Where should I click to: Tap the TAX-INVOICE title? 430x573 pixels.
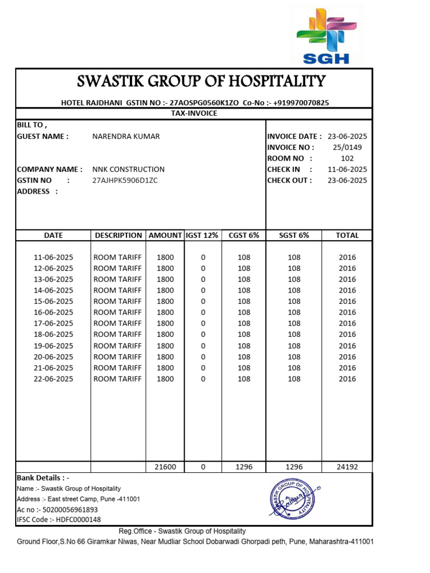tap(194, 114)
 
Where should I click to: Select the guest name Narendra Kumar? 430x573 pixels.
tap(125, 137)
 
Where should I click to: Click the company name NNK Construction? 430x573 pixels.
tap(128, 170)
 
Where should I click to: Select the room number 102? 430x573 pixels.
tap(347, 158)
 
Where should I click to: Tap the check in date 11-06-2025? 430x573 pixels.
tap(347, 170)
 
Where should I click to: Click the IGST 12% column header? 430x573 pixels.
tap(203, 236)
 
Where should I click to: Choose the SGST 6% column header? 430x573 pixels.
tap(294, 236)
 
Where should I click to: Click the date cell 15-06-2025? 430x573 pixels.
tap(54, 302)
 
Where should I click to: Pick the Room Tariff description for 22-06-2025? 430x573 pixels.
tap(118, 379)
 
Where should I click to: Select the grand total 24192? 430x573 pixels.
tap(347, 467)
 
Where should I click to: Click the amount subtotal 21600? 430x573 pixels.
tap(165, 467)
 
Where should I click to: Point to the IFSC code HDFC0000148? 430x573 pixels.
tap(69, 520)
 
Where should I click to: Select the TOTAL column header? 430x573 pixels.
tap(347, 236)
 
